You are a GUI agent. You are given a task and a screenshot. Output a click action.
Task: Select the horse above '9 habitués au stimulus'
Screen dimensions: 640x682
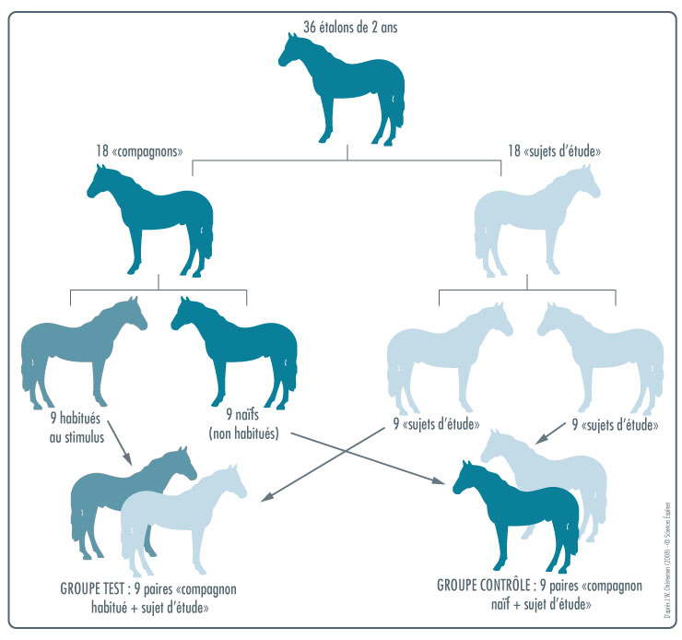[x=78, y=350]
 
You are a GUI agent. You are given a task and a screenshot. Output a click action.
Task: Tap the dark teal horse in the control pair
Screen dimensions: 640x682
[x=521, y=516]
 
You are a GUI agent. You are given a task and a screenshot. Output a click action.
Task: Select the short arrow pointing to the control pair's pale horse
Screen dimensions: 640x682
[x=553, y=433]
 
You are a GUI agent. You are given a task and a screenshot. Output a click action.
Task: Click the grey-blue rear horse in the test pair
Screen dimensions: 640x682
[x=101, y=498]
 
